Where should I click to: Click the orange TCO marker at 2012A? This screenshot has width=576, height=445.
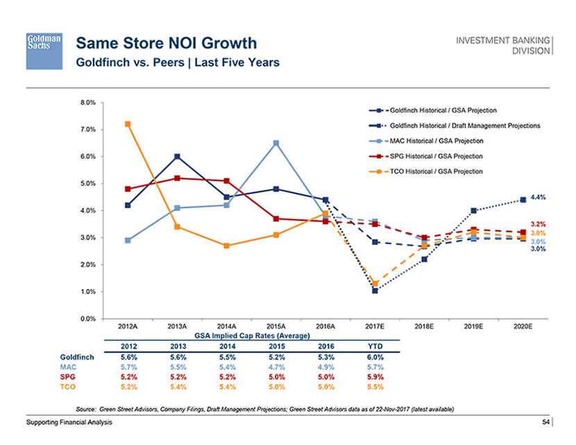(128, 124)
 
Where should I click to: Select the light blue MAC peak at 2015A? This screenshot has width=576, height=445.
(276, 143)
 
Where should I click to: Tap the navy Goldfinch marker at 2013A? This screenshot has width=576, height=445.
(178, 157)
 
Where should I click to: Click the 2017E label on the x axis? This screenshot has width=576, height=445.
(375, 326)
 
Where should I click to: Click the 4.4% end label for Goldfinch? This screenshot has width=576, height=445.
(539, 197)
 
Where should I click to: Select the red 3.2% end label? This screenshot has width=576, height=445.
(539, 224)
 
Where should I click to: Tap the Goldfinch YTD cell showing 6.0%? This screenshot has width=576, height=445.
(375, 357)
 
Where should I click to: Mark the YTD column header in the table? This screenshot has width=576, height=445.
(375, 346)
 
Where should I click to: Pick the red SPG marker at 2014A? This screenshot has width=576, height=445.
(227, 180)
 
